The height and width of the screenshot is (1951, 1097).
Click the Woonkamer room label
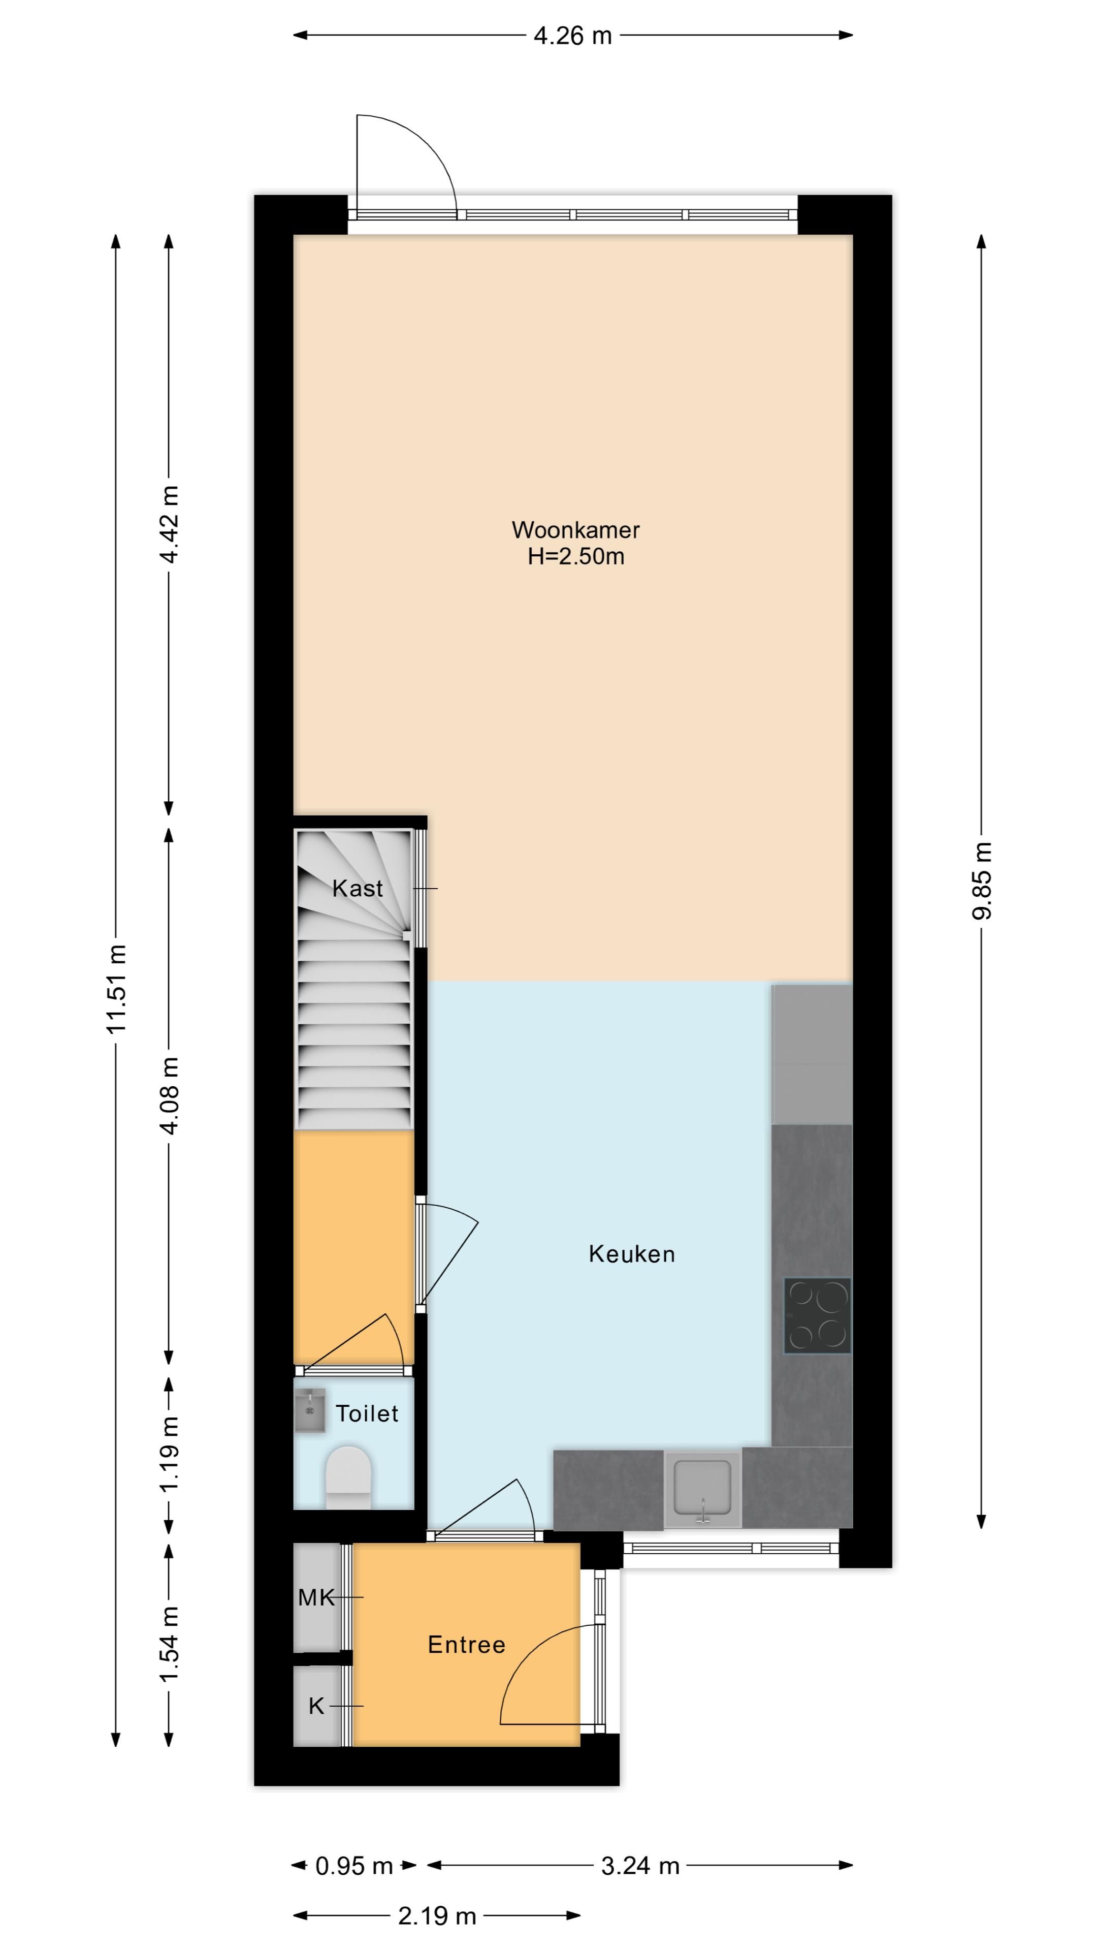point(575,529)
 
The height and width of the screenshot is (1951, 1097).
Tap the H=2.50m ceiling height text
point(576,557)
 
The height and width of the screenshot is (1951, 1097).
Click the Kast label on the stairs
point(358,889)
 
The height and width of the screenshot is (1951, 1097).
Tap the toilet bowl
point(348,1477)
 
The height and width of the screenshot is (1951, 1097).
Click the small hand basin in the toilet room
point(310,1410)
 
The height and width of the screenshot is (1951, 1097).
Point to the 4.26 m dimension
point(573,36)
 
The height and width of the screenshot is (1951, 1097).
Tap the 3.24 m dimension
point(640,1866)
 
